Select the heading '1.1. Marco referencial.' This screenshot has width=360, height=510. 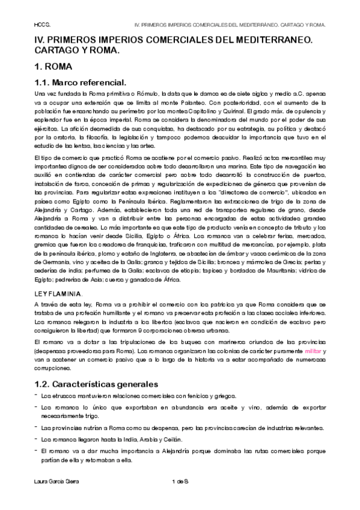79,82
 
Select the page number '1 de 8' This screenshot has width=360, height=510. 180,482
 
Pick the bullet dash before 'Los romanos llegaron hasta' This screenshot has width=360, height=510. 35,439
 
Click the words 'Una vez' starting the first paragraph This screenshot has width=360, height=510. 44,95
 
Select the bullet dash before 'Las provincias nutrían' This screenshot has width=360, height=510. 35,427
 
